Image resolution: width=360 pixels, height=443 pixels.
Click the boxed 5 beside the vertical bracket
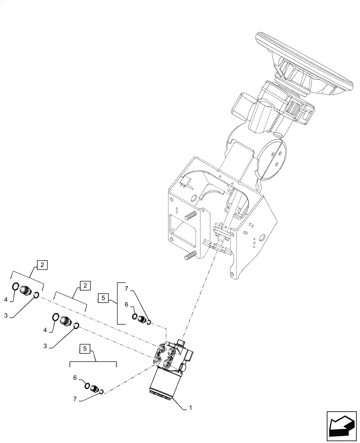[102, 298]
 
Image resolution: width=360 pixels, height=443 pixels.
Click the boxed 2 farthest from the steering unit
[41, 265]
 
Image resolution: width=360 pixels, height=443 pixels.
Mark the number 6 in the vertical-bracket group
[126, 305]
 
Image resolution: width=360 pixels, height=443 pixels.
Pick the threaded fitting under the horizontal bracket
[94, 389]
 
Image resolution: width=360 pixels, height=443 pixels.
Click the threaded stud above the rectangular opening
[190, 216]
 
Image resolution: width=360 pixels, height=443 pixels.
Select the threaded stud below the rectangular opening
[190, 256]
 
